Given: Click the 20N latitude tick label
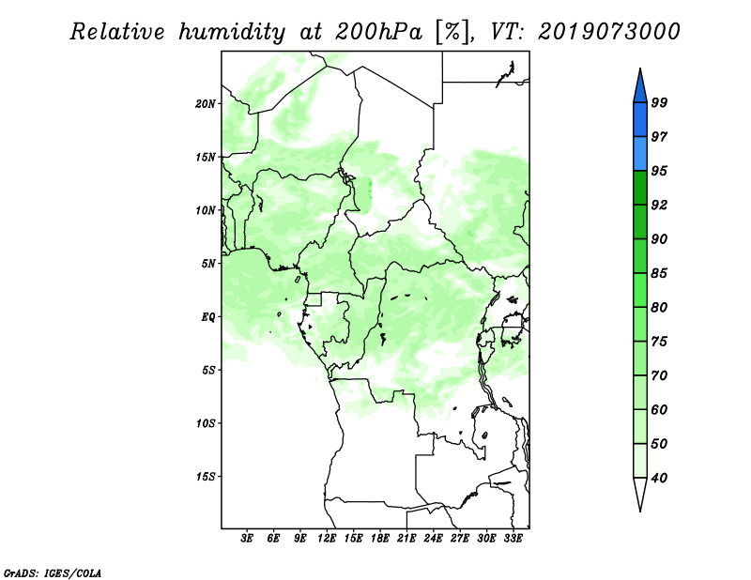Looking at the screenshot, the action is [x=206, y=104].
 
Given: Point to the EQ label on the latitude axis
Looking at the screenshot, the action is [x=208, y=317].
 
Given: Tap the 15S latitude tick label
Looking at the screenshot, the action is [x=206, y=477].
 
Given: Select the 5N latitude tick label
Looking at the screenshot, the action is [x=208, y=264].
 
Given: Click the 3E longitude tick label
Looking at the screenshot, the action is [x=247, y=538].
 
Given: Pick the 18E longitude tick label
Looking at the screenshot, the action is [x=380, y=538].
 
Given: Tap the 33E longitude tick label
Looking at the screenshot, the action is [x=513, y=538].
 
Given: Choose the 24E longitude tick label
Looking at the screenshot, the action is [x=433, y=538].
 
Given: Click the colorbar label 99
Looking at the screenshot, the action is [x=659, y=102].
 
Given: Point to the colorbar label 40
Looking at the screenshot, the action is [x=659, y=478].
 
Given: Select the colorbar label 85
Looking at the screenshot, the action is [x=659, y=273].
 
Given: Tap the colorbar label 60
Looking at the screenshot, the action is [x=659, y=409].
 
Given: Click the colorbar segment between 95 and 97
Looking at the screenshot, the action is [x=640, y=154].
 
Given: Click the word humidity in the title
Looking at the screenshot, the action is [x=232, y=32].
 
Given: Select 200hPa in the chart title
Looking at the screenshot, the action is [x=378, y=32].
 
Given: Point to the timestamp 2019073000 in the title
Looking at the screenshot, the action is [x=608, y=32].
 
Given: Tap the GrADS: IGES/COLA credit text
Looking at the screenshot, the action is [x=53, y=572].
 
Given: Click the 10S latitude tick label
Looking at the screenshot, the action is [x=206, y=423].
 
